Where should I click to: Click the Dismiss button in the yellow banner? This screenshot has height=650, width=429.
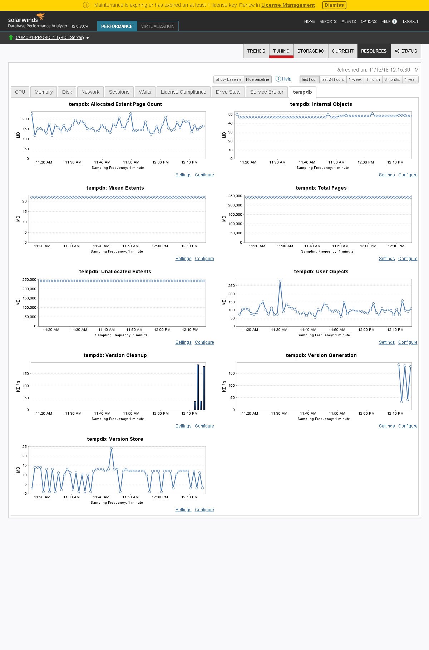coord(334,5)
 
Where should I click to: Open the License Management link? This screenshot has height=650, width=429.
coord(288,5)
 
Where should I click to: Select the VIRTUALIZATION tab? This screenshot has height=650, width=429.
coord(158,26)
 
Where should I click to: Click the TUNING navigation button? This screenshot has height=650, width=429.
coord(281,51)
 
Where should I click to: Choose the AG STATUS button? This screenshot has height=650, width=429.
coord(405,51)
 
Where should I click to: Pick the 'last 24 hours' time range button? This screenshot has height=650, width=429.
coord(332,79)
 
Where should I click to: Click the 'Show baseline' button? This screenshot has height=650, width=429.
coord(228,79)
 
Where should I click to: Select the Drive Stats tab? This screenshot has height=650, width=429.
coord(228,92)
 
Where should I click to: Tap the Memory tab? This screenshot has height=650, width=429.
coord(44,92)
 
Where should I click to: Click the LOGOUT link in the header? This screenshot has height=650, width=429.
coord(410,21)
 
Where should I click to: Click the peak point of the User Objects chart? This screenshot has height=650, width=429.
coord(280,281)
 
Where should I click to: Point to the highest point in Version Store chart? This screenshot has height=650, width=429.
coord(111,449)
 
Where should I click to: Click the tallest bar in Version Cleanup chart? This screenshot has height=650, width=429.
coord(198,387)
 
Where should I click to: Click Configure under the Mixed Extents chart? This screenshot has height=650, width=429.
coord(204,259)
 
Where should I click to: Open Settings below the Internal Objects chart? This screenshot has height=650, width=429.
coord(386,175)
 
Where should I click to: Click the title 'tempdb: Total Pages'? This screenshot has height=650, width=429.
coord(321,188)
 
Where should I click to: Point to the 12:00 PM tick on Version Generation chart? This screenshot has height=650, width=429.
coord(366,413)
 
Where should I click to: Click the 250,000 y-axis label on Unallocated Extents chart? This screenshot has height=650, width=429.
coord(29,280)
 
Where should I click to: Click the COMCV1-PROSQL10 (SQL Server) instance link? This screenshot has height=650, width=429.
coord(50,38)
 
